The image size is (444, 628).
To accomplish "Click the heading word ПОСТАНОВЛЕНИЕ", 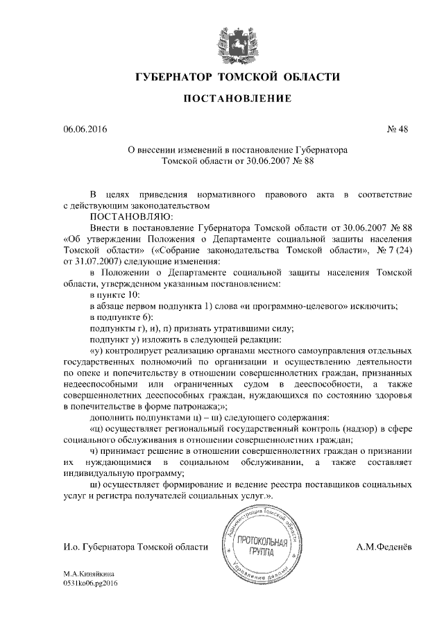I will (221, 100).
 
